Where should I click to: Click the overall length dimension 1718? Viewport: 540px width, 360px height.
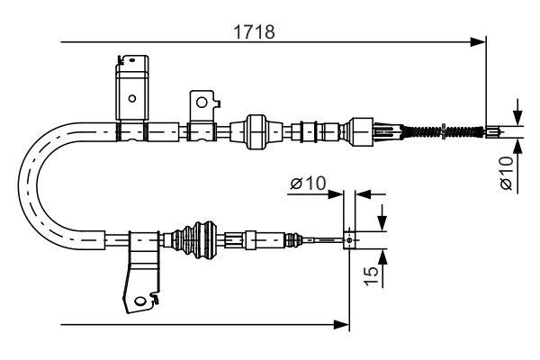(x=255, y=31)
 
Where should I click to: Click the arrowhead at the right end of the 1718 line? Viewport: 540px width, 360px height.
(x=479, y=41)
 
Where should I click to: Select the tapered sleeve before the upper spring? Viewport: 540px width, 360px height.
(x=391, y=133)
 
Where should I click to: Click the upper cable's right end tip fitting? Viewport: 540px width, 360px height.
(x=495, y=133)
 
